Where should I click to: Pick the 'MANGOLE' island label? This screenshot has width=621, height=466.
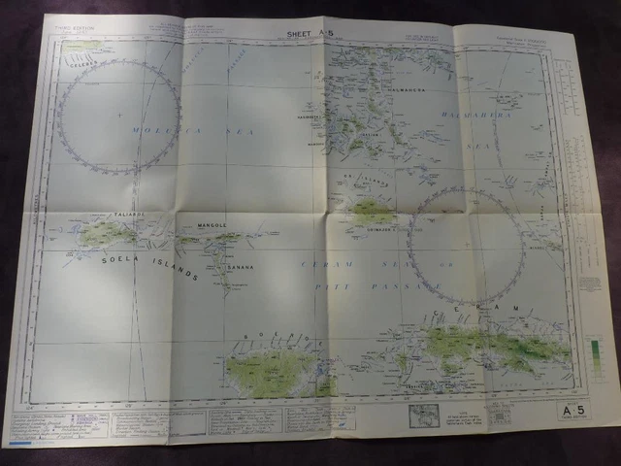pyautogui.click(x=219, y=224)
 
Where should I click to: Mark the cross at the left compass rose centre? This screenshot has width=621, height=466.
pyautogui.click(x=119, y=116)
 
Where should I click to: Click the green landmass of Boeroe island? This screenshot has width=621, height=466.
pyautogui.click(x=273, y=371)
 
